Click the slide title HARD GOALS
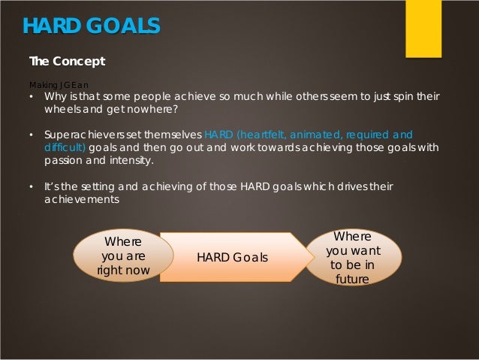(x=91, y=26)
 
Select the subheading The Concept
(x=67, y=61)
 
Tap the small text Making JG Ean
(x=59, y=84)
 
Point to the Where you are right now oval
(x=123, y=256)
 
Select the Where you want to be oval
(x=353, y=258)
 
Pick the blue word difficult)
(x=65, y=147)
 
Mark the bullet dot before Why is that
(x=32, y=97)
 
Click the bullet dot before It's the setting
(x=32, y=186)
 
